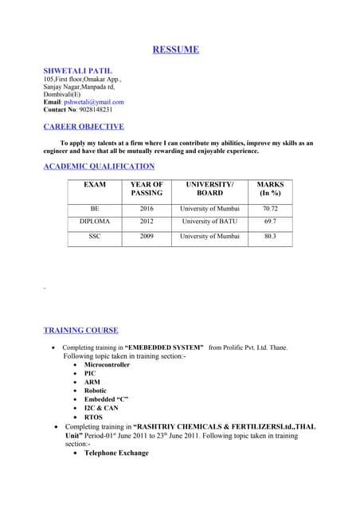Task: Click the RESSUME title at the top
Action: (175, 49)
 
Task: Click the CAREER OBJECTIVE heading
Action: (84, 127)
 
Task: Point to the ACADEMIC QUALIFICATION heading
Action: (99, 167)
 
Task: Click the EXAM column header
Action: (95, 184)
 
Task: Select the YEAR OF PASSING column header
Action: (147, 188)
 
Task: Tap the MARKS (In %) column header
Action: (270, 188)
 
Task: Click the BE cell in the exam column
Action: (95, 207)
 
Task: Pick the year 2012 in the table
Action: (147, 222)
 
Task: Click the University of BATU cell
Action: (209, 222)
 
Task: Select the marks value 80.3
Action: (270, 237)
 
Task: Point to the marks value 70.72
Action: (270, 207)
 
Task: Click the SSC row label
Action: (95, 237)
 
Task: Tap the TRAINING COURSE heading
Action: (80, 330)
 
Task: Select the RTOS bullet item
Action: (93, 417)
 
